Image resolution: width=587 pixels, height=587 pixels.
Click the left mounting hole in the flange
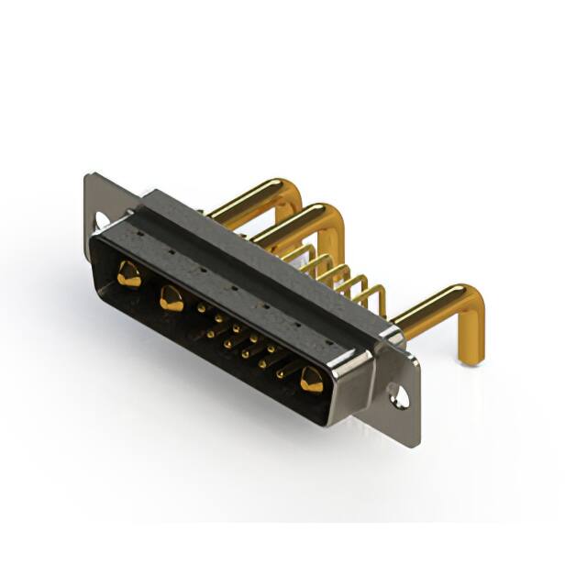[102, 219]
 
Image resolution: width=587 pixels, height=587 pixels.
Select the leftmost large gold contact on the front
[129, 273]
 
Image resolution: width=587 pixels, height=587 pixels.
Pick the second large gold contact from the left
[171, 297]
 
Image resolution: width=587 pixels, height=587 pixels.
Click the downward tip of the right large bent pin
[470, 358]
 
